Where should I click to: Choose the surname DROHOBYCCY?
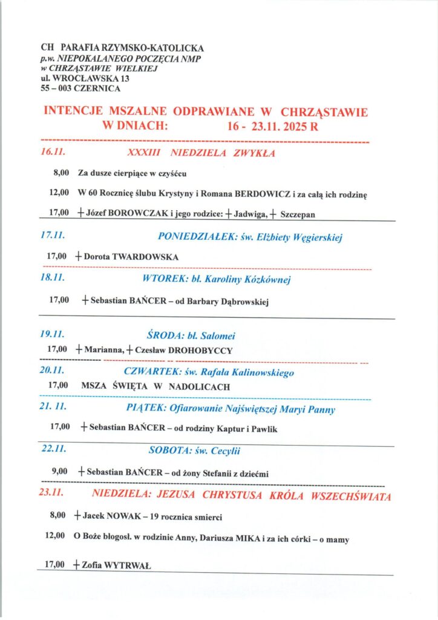coord(202,350)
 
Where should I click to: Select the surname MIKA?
coord(248,538)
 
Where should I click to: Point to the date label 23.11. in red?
coord(51,493)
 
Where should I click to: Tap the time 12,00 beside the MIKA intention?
coord(57,537)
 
